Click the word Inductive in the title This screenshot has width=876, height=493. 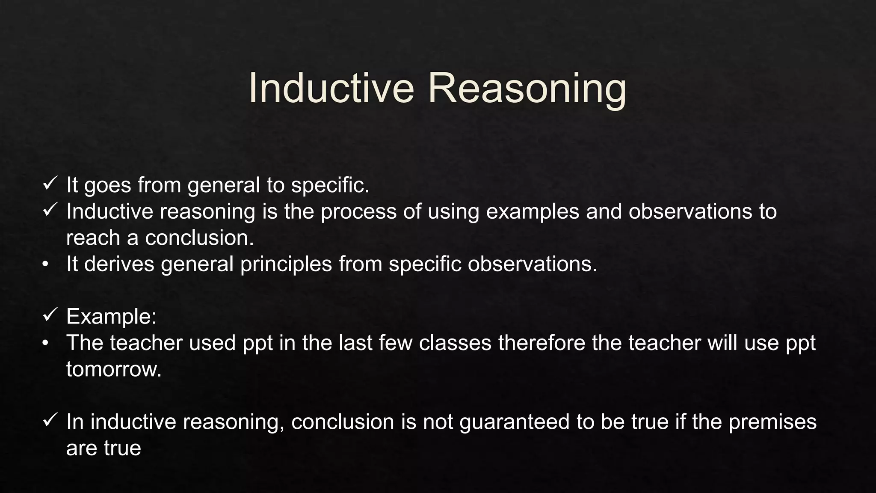click(331, 88)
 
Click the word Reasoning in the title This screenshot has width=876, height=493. click(527, 88)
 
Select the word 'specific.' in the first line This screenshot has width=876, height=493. click(330, 185)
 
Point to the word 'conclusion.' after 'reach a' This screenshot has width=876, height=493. click(200, 238)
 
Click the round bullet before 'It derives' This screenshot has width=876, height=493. click(45, 264)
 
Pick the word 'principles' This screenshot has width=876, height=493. click(286, 264)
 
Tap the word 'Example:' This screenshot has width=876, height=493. click(111, 317)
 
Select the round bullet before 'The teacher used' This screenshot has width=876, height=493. click(45, 343)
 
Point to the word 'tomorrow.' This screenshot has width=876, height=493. click(114, 369)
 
